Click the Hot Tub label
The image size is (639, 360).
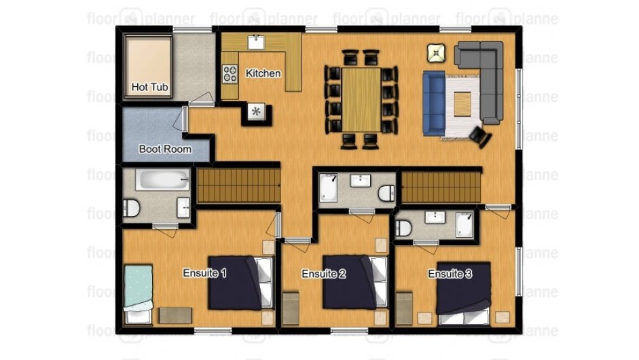[x=149, y=87]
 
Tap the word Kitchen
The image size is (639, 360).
[x=263, y=73]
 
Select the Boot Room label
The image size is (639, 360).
[x=165, y=149]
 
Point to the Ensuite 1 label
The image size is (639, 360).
[x=204, y=273]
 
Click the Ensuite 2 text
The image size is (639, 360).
[x=324, y=274]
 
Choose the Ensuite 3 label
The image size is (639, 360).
[x=450, y=274]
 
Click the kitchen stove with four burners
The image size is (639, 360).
[x=230, y=74]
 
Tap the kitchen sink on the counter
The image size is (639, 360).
[x=256, y=42]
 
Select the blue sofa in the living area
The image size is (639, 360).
[x=434, y=103]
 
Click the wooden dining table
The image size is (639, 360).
[x=361, y=100]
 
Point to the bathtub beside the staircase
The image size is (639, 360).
[x=162, y=179]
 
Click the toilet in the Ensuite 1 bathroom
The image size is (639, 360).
[x=131, y=208]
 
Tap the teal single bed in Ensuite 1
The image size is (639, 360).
[x=138, y=293]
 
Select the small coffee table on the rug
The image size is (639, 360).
[x=462, y=104]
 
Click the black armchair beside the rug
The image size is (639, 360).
[x=481, y=137]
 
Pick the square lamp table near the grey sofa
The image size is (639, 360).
[x=437, y=53]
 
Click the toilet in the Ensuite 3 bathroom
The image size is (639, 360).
[x=404, y=228]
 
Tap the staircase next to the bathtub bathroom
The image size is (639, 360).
[x=239, y=185]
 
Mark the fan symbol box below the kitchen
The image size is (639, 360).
[x=256, y=111]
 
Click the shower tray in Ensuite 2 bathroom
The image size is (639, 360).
[x=329, y=187]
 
